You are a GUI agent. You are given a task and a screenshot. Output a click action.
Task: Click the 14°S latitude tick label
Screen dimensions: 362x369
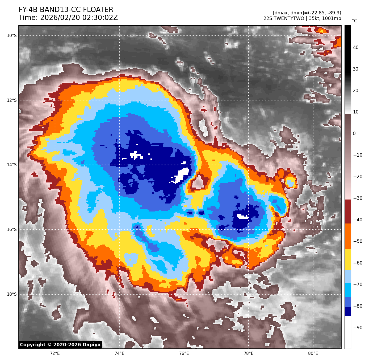pyautogui.click(x=12, y=165)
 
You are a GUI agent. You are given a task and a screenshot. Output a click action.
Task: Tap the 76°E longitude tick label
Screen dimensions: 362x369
pyautogui.click(x=184, y=353)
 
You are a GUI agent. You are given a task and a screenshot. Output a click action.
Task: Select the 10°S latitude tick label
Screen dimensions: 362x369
pyautogui.click(x=12, y=36)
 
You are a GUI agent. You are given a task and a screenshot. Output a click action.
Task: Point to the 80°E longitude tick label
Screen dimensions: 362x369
pyautogui.click(x=313, y=353)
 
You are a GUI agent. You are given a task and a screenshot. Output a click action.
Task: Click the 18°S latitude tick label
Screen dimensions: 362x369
pyautogui.click(x=12, y=294)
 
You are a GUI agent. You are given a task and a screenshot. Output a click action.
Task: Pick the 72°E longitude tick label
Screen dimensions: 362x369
pyautogui.click(x=55, y=353)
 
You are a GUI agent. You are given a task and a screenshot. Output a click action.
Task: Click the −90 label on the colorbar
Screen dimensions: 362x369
pyautogui.click(x=358, y=328)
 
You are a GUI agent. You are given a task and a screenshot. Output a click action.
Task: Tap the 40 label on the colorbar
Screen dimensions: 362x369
pyautogui.click(x=355, y=48)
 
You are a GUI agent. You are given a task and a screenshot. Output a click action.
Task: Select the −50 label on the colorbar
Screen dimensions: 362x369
pyautogui.click(x=358, y=241)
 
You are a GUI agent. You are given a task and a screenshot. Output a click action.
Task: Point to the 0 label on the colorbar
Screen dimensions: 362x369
pyautogui.click(x=354, y=134)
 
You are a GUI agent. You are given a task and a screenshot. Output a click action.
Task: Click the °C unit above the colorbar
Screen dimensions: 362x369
pyautogui.click(x=355, y=21)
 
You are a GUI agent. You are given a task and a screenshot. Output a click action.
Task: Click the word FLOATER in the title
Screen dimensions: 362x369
pyautogui.click(x=98, y=10)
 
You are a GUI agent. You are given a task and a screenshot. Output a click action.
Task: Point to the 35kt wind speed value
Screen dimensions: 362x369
pyautogui.click(x=315, y=18)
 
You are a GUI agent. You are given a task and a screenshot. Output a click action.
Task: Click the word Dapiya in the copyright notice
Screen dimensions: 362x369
pyautogui.click(x=91, y=345)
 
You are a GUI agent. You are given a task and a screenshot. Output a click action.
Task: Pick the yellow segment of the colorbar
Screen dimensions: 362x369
pyautogui.click(x=348, y=260)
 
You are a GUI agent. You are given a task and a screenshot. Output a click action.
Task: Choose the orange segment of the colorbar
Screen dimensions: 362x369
pyautogui.click(x=348, y=236)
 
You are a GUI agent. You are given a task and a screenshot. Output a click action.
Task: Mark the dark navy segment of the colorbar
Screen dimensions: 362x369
pyautogui.click(x=348, y=311)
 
